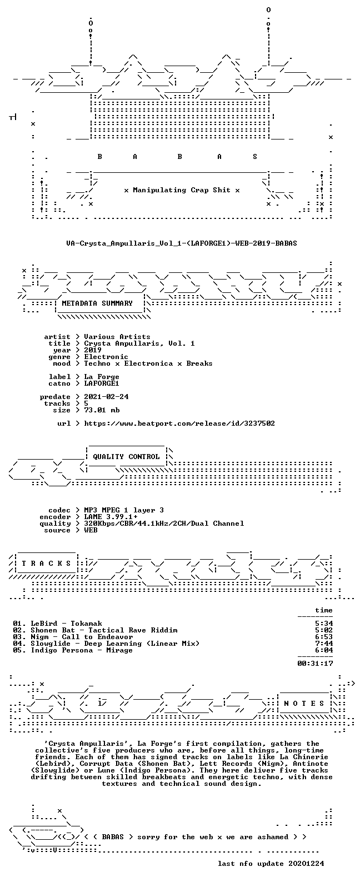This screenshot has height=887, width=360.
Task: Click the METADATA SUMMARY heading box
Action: [97, 303]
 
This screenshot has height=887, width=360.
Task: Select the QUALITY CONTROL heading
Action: [126, 457]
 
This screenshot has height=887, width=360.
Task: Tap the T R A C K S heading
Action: [46, 563]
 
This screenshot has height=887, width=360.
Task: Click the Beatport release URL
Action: [179, 423]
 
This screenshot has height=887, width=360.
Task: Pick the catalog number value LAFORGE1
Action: [101, 383]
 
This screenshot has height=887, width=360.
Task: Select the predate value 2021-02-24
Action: [106, 397]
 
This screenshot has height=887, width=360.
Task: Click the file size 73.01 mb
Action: [102, 410]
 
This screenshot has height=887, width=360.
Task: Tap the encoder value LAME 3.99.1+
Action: [111, 517]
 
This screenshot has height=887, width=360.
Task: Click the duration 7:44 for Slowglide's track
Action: [324, 644]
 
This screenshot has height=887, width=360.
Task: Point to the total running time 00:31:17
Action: [315, 663]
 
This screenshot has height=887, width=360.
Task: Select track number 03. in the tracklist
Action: [19, 637]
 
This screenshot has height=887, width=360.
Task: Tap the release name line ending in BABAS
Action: [181, 243]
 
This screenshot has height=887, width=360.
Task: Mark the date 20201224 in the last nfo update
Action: [306, 863]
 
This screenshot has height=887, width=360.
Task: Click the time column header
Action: [324, 610]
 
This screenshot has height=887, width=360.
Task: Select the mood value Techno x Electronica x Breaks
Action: [148, 363]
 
